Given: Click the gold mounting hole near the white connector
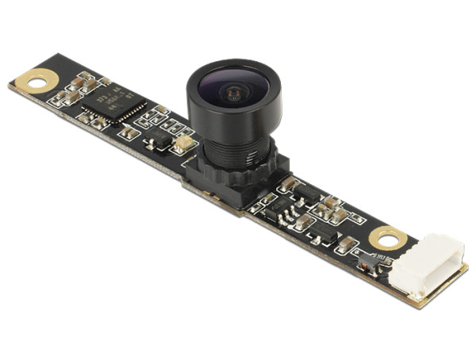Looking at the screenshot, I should click(388, 237).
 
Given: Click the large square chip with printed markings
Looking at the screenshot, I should click(113, 104).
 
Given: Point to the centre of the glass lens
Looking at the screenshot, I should click(232, 94).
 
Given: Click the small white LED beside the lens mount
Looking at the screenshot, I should click(182, 144).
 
